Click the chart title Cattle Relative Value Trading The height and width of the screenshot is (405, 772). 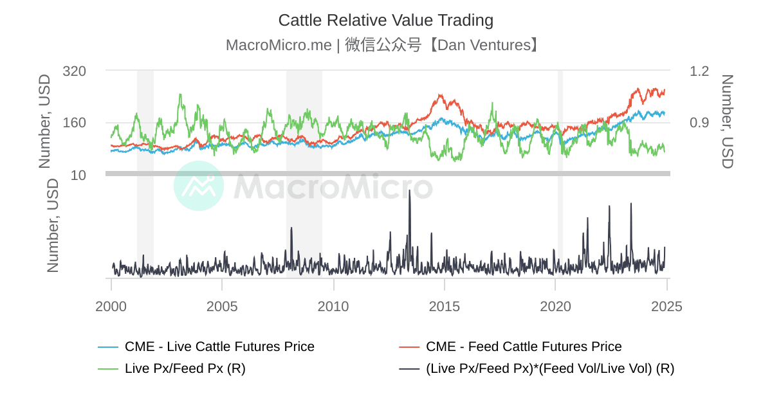click(385, 21)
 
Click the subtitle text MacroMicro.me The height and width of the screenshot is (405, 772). click(279, 45)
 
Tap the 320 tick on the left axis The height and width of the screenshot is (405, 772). click(74, 71)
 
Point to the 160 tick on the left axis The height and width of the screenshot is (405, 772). click(74, 123)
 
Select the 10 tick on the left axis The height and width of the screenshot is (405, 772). click(78, 175)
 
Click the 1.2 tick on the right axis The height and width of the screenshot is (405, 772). click(699, 71)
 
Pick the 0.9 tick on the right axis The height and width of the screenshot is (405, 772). click(699, 123)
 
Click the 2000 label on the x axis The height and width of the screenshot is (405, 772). click(111, 307)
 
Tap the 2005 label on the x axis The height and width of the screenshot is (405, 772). click(222, 307)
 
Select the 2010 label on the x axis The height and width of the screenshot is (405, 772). click(333, 307)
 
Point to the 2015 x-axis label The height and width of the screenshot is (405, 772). click(445, 307)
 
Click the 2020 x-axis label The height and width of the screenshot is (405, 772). click(555, 307)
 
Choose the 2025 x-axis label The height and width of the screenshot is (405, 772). click(666, 307)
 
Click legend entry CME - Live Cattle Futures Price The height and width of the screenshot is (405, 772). click(219, 347)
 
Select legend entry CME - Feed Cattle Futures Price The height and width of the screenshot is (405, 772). click(523, 347)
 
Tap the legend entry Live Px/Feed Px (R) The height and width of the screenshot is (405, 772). click(185, 368)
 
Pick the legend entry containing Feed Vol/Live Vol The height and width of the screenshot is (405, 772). click(549, 368)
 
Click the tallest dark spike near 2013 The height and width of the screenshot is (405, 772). click(409, 191)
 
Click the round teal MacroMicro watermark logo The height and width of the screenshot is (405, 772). click(199, 186)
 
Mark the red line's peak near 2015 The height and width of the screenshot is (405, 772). click(441, 95)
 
